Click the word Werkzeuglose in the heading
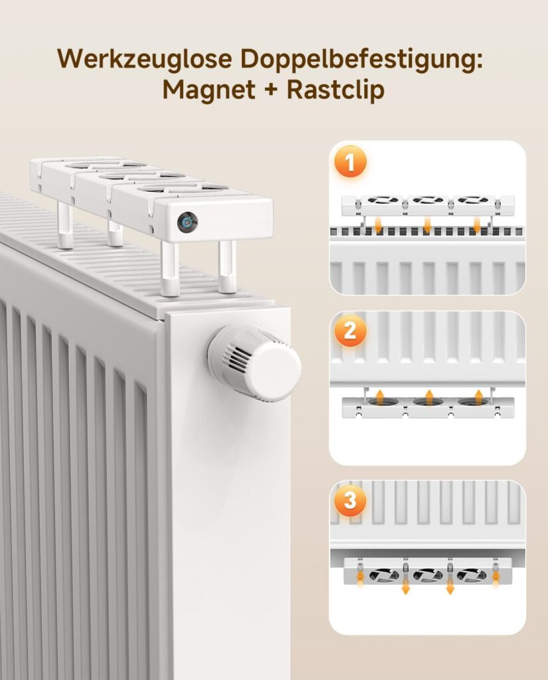pyautogui.click(x=145, y=58)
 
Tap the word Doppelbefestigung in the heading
pyautogui.click(x=361, y=60)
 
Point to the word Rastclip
pyautogui.click(x=336, y=90)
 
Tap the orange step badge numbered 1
pyautogui.click(x=349, y=163)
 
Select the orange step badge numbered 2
pyautogui.click(x=349, y=331)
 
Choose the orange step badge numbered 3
pyautogui.click(x=349, y=501)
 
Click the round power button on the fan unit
pyautogui.click(x=187, y=222)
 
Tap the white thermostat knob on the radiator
pyautogui.click(x=254, y=362)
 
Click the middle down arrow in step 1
pyautogui.click(x=427, y=224)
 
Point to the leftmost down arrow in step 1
pyautogui.click(x=378, y=224)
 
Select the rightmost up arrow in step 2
pyautogui.click(x=478, y=396)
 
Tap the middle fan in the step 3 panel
pyautogui.click(x=428, y=575)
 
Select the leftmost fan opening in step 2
pyautogui.click(x=383, y=402)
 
